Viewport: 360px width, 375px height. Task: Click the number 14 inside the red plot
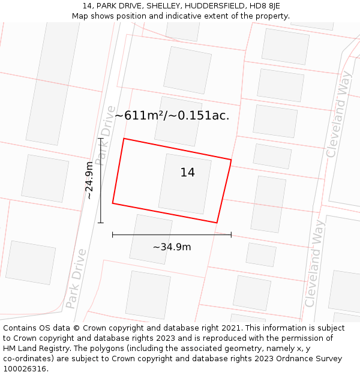coord(187,173)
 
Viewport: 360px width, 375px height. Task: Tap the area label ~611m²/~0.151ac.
coord(172,116)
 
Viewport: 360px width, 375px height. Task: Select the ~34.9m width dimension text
coord(172,247)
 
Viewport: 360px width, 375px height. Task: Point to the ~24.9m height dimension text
coord(89,180)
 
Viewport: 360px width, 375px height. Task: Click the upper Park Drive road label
coord(105,135)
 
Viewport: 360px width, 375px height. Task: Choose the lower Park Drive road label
coord(76,278)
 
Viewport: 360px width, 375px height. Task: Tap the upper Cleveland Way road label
coord(338,122)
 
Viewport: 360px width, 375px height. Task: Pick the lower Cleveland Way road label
coord(315,263)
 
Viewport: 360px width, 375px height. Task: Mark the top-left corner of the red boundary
coord(124,139)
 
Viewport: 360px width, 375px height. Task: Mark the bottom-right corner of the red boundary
coord(217,223)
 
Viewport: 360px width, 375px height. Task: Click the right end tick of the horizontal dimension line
coord(231,235)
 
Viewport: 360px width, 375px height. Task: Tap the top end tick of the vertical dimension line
coord(101,139)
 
